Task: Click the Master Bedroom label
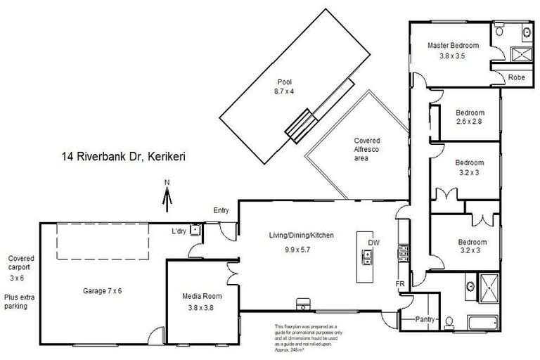pos(453,46)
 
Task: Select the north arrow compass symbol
pos(167,195)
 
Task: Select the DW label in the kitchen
pos(373,242)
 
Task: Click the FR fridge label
pos(399,283)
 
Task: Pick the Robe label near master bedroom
pos(517,77)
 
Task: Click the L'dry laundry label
pos(179,231)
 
